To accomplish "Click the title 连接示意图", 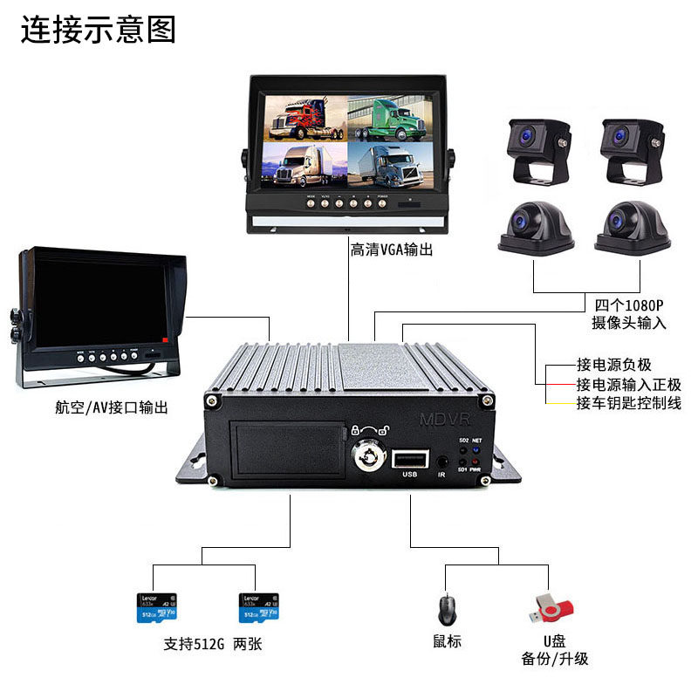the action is (x=98, y=29).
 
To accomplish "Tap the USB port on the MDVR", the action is (x=409, y=459).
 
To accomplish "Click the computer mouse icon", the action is (x=447, y=608).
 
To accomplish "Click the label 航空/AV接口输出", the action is (x=111, y=407).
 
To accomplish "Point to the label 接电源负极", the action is (x=613, y=365).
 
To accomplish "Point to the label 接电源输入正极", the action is (x=628, y=384).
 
